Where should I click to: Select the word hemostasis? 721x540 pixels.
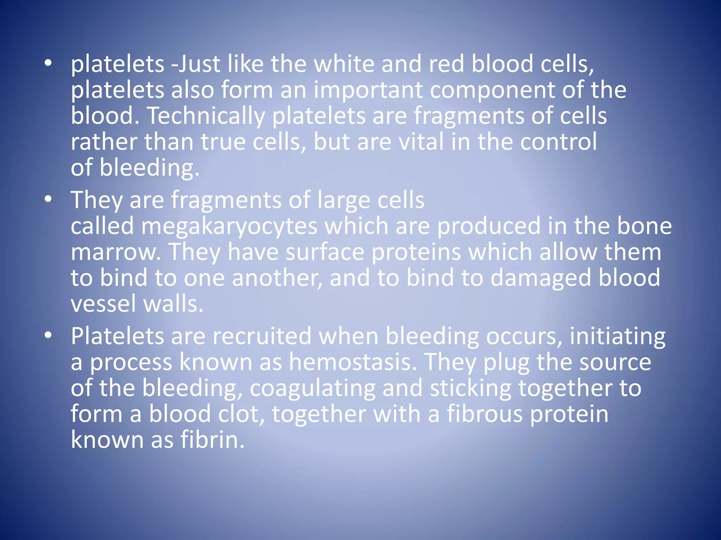(x=350, y=362)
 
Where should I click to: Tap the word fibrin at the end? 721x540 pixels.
(x=212, y=440)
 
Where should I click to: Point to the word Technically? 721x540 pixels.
(x=206, y=116)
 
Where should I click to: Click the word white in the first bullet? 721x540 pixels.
(x=344, y=64)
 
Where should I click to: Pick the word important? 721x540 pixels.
(x=368, y=90)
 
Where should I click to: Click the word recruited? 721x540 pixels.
(x=262, y=336)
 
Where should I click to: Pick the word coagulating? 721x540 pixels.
(x=312, y=388)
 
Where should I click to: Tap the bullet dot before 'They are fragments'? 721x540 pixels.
(x=48, y=199)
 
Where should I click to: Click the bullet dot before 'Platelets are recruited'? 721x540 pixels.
(x=48, y=335)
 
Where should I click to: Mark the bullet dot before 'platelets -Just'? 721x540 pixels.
(x=48, y=63)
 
